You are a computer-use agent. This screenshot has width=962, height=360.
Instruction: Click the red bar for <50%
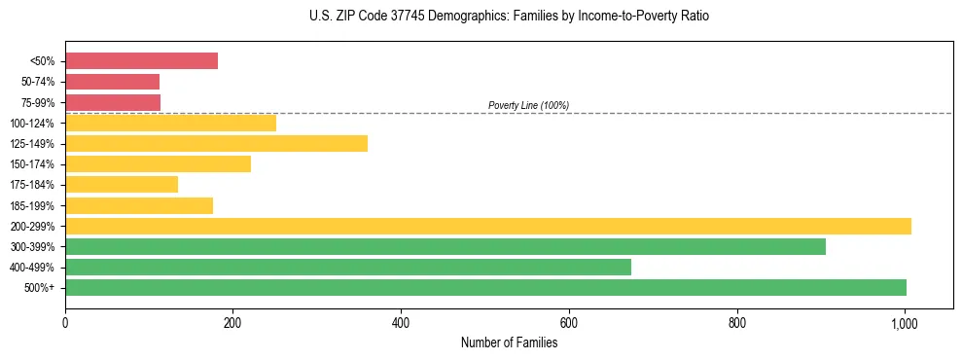pyautogui.click(x=141, y=60)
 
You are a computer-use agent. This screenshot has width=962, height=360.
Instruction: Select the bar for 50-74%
pyautogui.click(x=112, y=82)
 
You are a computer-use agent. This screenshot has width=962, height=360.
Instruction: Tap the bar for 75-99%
pyautogui.click(x=113, y=102)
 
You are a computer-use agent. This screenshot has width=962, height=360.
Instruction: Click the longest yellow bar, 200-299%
pyautogui.click(x=487, y=226)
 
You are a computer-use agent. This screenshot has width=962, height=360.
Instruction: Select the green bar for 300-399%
pyautogui.click(x=445, y=246)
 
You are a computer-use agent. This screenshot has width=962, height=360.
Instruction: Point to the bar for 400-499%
pyautogui.click(x=347, y=267)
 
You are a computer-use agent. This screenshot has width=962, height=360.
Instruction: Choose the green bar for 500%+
pyautogui.click(x=485, y=287)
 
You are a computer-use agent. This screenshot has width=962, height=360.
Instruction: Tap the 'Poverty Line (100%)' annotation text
pyautogui.click(x=528, y=105)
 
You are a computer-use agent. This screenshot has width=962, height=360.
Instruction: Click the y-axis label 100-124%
pyautogui.click(x=32, y=124)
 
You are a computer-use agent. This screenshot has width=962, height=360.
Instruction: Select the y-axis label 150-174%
pyautogui.click(x=32, y=164)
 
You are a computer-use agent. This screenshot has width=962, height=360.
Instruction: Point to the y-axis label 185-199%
pyautogui.click(x=32, y=205)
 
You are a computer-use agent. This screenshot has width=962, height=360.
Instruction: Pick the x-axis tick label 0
pyautogui.click(x=65, y=322)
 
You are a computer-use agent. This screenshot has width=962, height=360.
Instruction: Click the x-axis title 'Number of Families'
pyautogui.click(x=509, y=342)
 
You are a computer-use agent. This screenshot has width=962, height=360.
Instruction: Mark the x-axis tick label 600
pyautogui.click(x=569, y=322)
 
